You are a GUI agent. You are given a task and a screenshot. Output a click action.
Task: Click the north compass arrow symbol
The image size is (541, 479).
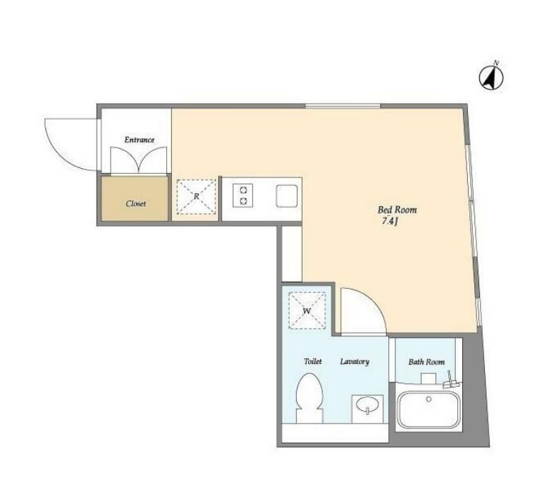[x=491, y=77]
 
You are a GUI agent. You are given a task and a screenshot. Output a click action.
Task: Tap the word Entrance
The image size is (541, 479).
[x=139, y=140]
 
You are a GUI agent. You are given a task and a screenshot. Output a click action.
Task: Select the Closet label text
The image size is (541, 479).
[x=136, y=204]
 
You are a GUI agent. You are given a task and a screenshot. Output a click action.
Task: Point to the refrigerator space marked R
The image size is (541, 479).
[x=196, y=197]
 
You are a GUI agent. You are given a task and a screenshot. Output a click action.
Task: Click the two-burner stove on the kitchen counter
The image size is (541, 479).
[x=243, y=196]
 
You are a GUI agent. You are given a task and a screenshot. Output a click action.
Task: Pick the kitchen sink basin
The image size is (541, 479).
[x=287, y=196]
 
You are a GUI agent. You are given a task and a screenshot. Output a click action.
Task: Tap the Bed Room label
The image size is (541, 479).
[x=397, y=209]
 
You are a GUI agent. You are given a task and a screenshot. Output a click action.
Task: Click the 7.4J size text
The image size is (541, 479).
[x=390, y=221]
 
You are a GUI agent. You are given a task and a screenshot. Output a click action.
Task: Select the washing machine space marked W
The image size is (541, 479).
[x=307, y=311]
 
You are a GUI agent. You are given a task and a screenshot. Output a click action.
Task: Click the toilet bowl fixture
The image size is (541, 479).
[x=310, y=397]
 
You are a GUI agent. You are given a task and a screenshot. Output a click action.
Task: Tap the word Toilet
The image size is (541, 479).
[x=312, y=361]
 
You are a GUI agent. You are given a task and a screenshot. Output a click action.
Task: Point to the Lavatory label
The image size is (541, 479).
[x=355, y=361]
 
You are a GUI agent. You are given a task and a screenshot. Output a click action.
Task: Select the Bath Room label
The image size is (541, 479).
[x=427, y=362]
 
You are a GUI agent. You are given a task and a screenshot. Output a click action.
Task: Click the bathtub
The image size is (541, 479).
[x=429, y=409]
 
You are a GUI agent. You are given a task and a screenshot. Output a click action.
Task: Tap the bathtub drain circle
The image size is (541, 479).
[x=429, y=400]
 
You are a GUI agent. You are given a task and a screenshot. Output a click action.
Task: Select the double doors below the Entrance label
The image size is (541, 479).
[x=138, y=160]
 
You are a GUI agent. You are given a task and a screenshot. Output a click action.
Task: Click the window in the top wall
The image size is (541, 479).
[x=343, y=106]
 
